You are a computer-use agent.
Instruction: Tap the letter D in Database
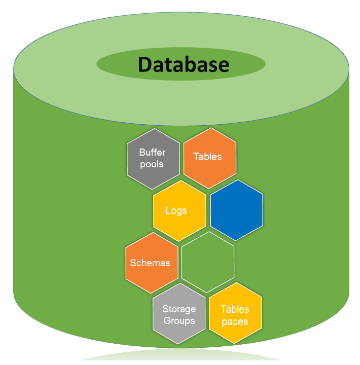(146, 64)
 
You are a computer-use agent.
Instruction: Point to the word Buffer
(153, 152)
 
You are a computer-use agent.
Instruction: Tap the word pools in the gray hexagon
(152, 164)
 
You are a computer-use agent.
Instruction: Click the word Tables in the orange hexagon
(208, 157)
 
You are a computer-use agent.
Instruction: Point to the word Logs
(176, 210)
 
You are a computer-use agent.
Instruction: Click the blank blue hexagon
(236, 210)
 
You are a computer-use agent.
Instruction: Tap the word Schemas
(150, 263)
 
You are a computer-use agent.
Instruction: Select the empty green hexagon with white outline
(208, 262)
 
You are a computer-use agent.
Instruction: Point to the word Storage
(179, 309)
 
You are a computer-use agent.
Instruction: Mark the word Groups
(179, 321)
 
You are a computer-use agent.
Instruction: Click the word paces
(235, 321)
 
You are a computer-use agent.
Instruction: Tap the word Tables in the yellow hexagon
(235, 309)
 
